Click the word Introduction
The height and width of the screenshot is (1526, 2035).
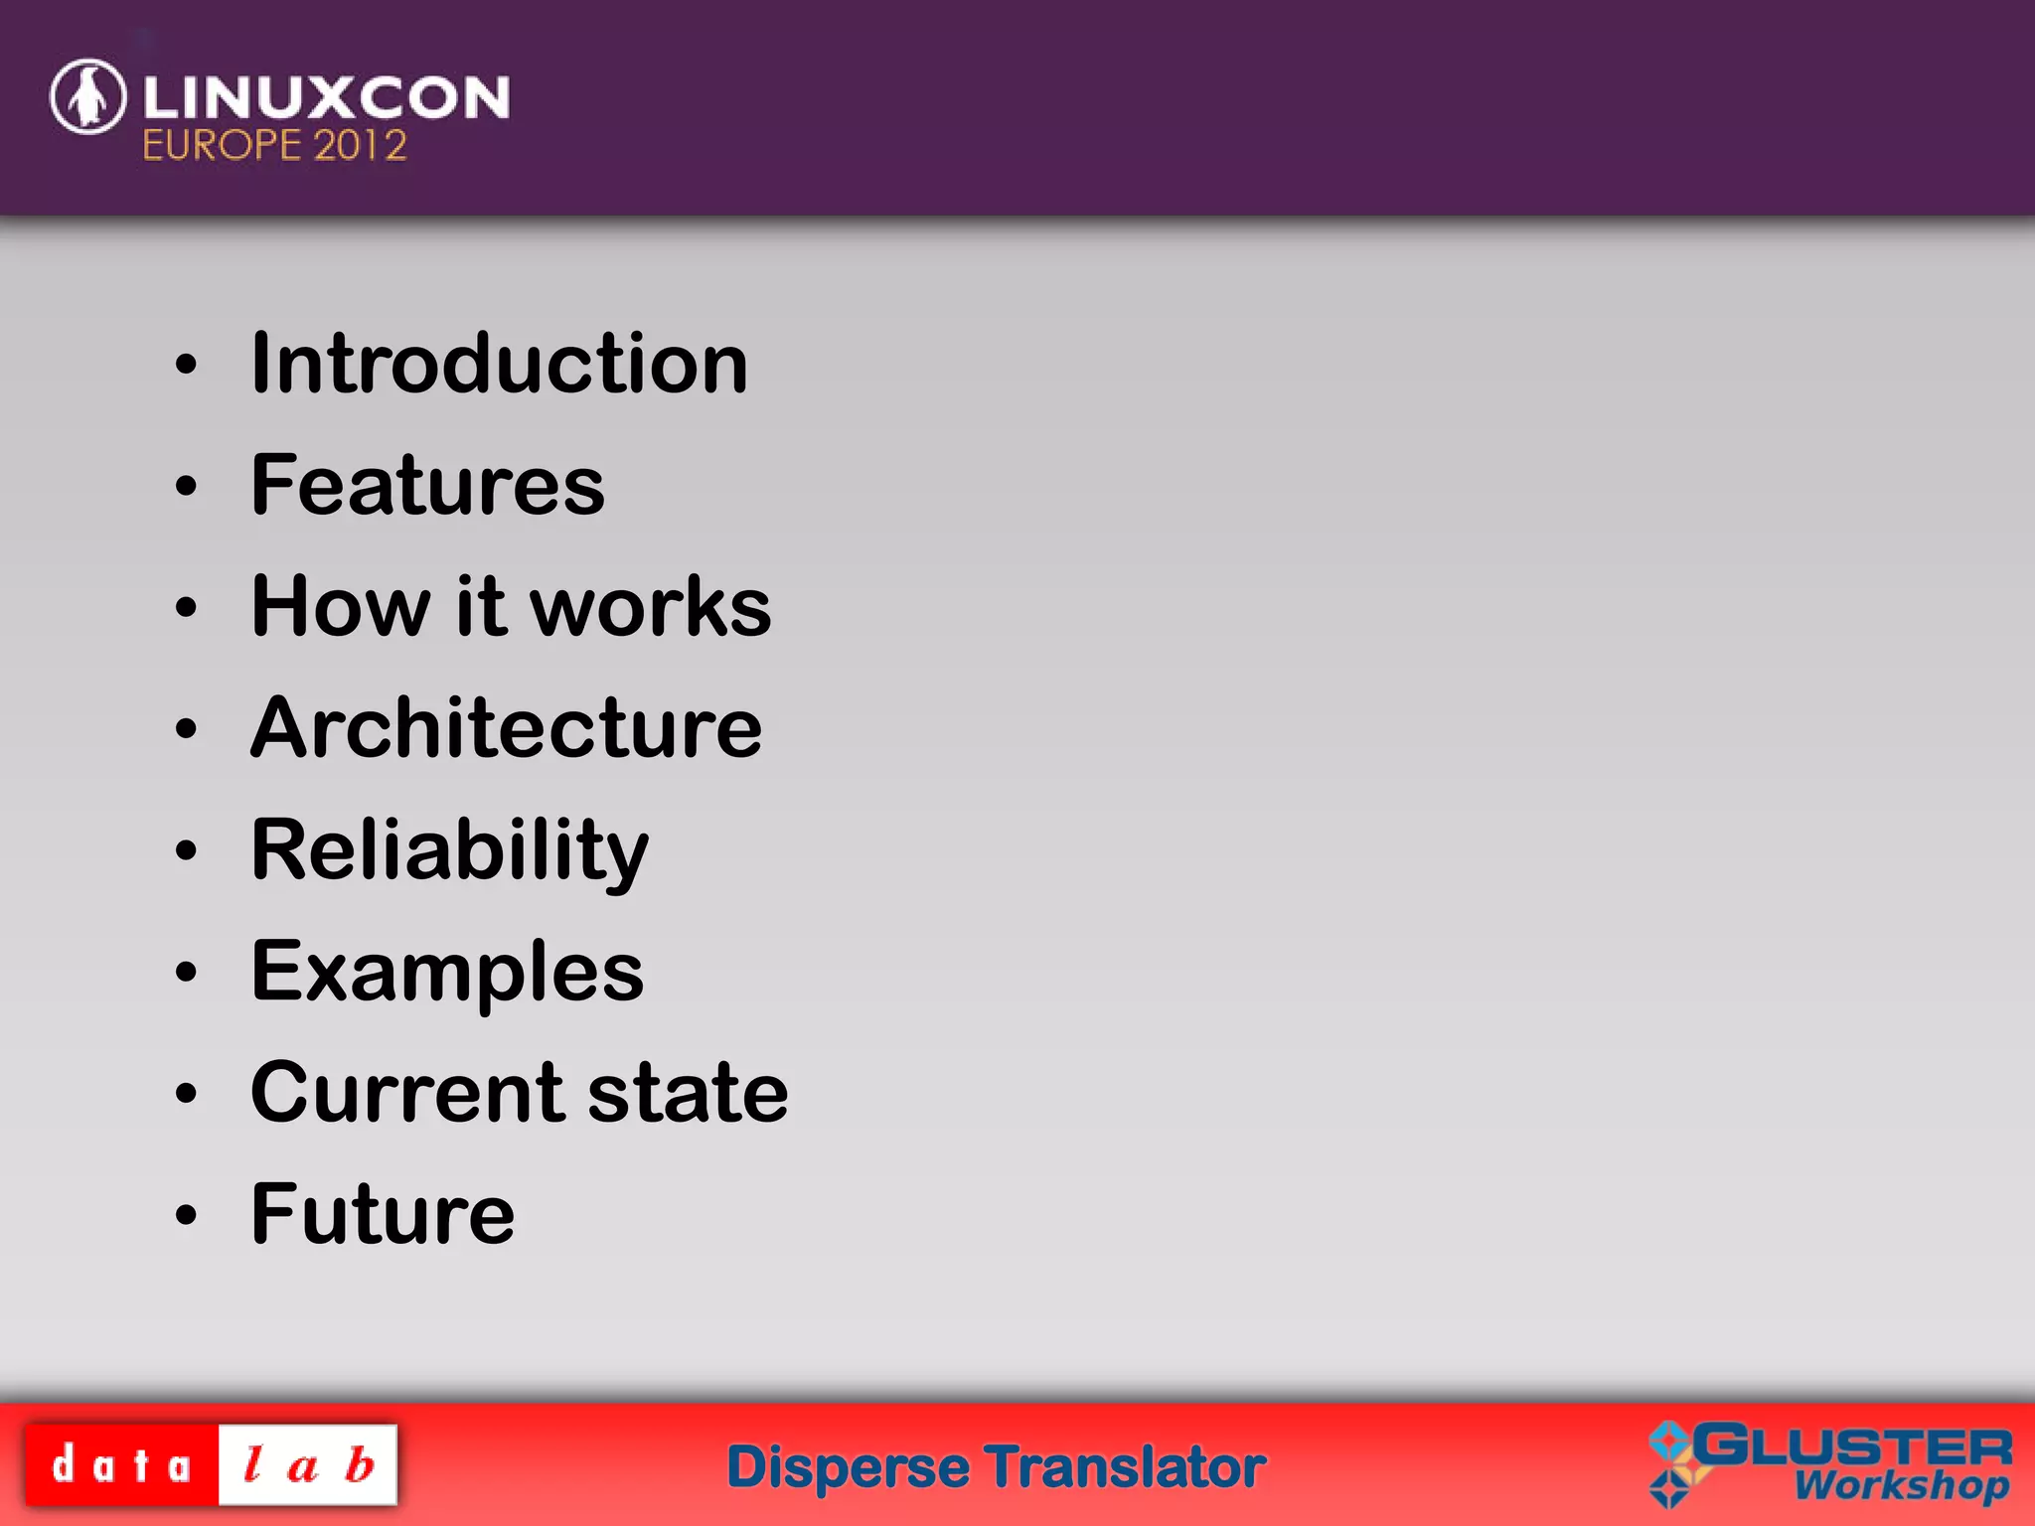point(499,364)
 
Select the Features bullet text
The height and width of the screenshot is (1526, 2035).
point(427,486)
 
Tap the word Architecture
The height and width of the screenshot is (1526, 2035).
point(506,728)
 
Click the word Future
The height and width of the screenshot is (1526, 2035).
point(383,1214)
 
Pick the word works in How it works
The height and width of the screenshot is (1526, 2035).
point(651,607)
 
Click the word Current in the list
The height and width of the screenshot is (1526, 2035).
point(406,1093)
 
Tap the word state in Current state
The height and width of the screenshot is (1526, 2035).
point(688,1093)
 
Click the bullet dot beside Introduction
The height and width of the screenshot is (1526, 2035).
point(186,365)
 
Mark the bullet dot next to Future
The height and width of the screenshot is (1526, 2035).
point(186,1215)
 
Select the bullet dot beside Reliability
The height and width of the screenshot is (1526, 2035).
point(186,850)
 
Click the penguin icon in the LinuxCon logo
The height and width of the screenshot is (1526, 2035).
point(88,96)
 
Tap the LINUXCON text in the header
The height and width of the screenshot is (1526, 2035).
point(326,97)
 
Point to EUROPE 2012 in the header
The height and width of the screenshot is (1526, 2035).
point(274,146)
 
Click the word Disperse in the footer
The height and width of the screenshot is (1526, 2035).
point(848,1467)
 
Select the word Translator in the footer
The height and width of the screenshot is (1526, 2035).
point(1127,1467)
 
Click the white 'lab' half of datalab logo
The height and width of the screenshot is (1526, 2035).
point(308,1465)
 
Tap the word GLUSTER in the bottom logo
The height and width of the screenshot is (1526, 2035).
point(1853,1447)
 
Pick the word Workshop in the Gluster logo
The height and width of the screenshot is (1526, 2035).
point(1900,1486)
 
